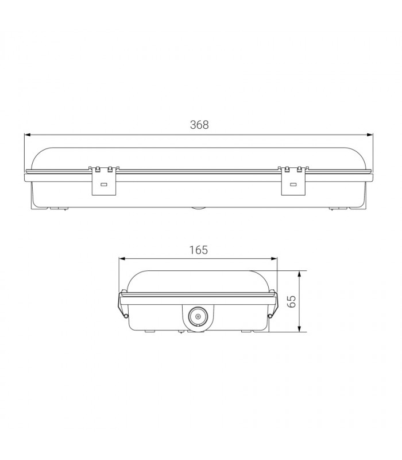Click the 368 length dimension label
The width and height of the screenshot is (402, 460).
(x=199, y=125)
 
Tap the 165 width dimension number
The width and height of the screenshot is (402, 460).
(x=198, y=250)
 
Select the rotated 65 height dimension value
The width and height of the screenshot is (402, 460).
(x=291, y=301)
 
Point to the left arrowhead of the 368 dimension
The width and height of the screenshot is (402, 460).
(x=28, y=135)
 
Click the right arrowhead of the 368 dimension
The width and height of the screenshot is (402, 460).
(x=370, y=135)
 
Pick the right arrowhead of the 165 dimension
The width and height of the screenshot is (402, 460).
(x=274, y=259)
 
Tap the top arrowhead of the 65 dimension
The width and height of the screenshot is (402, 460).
(x=299, y=274)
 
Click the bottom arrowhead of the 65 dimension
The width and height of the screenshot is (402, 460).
(x=299, y=328)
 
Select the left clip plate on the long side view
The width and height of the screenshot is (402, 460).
(x=104, y=182)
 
